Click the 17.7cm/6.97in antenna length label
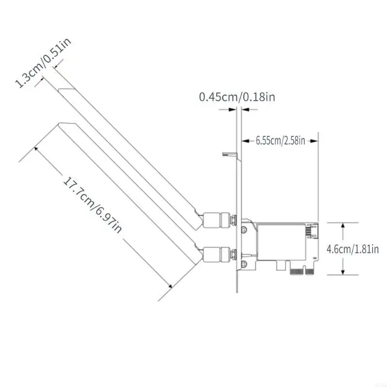92,205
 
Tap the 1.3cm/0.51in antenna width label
44,63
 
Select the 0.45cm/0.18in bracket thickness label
237,97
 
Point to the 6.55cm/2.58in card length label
281,141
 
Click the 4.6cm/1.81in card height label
353,249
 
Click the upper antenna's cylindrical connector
216,220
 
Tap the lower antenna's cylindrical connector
216,254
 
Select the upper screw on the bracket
244,229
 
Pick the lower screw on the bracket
244,264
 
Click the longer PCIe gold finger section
298,272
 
